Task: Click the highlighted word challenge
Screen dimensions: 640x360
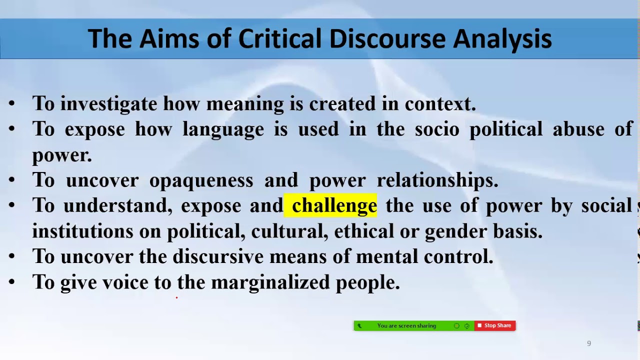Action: click(334, 205)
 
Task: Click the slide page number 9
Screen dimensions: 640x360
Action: click(589, 343)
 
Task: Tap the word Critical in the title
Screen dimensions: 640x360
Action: click(279, 38)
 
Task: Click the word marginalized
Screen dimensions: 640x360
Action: click(270, 282)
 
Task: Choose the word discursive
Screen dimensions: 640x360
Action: click(218, 256)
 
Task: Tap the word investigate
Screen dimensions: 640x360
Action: click(108, 104)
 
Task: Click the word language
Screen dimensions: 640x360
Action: click(223, 129)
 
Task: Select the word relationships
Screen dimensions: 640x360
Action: click(437, 180)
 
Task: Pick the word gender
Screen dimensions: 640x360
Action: click(456, 231)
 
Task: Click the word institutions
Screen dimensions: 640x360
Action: click(82, 231)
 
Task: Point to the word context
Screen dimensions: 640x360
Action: click(440, 104)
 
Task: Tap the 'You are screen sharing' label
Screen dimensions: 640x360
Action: click(406, 325)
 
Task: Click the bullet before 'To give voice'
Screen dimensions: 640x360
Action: click(11, 282)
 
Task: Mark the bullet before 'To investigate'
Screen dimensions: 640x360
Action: click(11, 103)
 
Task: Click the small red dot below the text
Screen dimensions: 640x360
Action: click(177, 297)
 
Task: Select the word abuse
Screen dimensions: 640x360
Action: click(578, 129)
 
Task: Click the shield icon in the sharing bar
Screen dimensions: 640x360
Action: click(467, 326)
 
